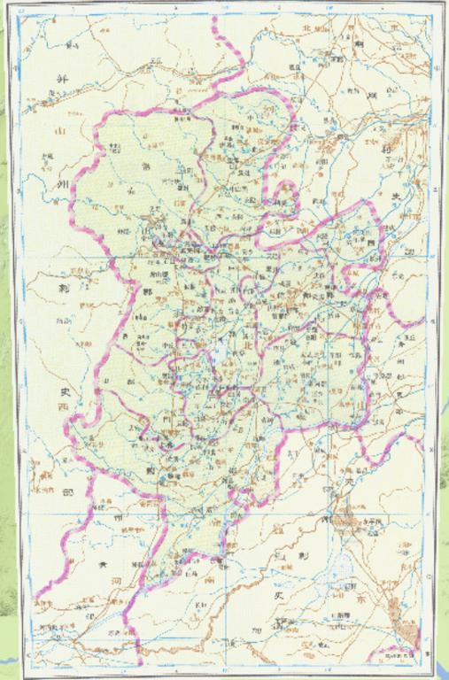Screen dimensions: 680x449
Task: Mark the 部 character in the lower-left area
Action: pyautogui.click(x=65, y=497)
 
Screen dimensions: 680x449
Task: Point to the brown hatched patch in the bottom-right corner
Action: pyautogui.click(x=409, y=630)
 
